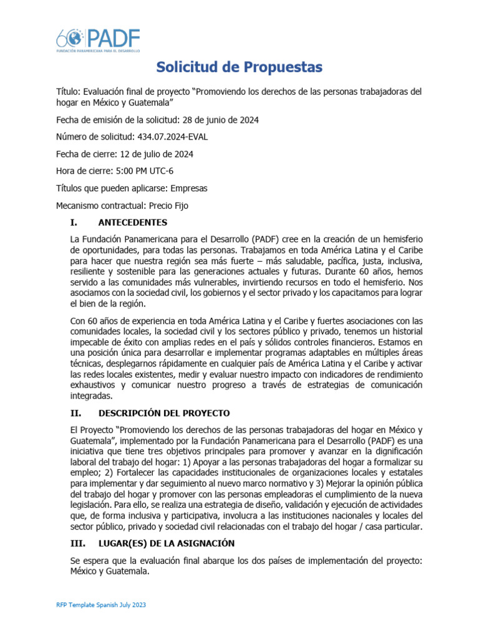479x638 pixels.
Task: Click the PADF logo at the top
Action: [x=99, y=40]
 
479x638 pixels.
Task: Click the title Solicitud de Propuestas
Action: [x=239, y=67]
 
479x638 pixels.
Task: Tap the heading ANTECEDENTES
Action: [x=133, y=222]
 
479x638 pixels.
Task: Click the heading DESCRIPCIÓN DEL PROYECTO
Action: [x=164, y=413]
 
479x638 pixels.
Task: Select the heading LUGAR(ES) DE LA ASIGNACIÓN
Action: [x=167, y=544]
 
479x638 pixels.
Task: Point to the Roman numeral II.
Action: [x=75, y=413]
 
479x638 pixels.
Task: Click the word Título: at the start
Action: [x=69, y=92]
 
